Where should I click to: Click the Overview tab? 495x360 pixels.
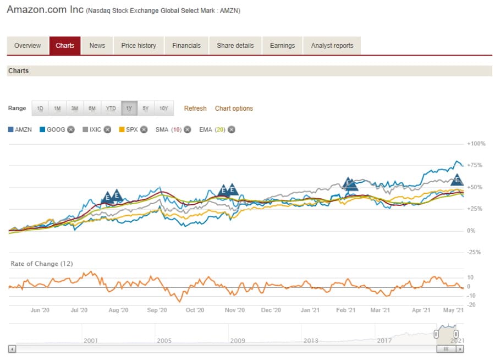tap(28, 46)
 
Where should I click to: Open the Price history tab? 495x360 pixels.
tap(139, 46)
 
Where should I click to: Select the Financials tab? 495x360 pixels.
tap(186, 46)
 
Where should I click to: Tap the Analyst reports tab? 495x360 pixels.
tap(332, 46)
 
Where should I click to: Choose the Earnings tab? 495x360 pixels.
tap(282, 46)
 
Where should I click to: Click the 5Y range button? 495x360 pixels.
tap(146, 108)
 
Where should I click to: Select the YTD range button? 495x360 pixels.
tap(111, 108)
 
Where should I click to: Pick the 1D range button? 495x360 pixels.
tap(40, 108)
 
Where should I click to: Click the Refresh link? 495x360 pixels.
tap(195, 108)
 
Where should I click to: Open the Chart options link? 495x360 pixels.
tap(234, 108)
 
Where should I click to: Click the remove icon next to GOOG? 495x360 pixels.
tap(71, 130)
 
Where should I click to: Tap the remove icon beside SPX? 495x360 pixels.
tap(144, 130)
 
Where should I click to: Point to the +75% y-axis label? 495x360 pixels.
tap(475, 165)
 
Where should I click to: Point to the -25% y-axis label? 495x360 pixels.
tap(475, 252)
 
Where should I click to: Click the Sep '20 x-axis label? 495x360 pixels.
tap(157, 310)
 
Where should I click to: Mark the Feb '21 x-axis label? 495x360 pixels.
tap(345, 310)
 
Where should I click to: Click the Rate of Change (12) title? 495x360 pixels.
tap(34, 264)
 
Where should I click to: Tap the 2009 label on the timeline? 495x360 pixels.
tap(237, 341)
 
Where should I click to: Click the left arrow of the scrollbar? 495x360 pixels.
tap(12, 349)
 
